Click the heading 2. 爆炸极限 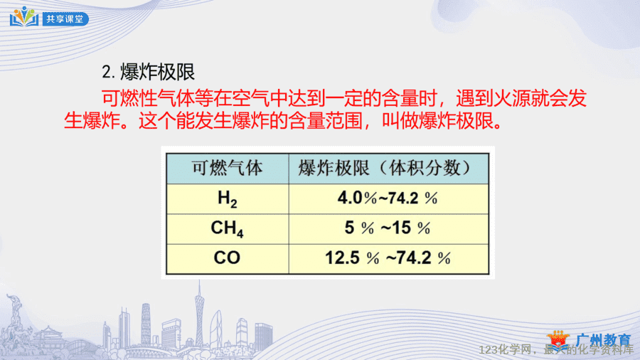pyautogui.click(x=148, y=72)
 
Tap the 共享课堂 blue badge pyautogui.click(x=65, y=18)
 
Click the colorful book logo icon pyautogui.click(x=24, y=17)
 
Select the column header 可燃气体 pyautogui.click(x=227, y=168)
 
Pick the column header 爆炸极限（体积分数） pyautogui.click(x=385, y=168)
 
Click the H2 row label pyautogui.click(x=227, y=198)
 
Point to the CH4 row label pyautogui.click(x=227, y=228)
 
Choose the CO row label pyautogui.click(x=227, y=258)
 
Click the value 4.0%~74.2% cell pyautogui.click(x=388, y=198)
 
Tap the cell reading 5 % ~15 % pyautogui.click(x=388, y=228)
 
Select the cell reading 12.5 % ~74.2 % pyautogui.click(x=388, y=258)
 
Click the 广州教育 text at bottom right pyautogui.click(x=604, y=340)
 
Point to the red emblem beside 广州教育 pyautogui.click(x=558, y=339)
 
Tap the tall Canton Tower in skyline pyautogui.click(x=199, y=314)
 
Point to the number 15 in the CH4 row pyautogui.click(x=402, y=228)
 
